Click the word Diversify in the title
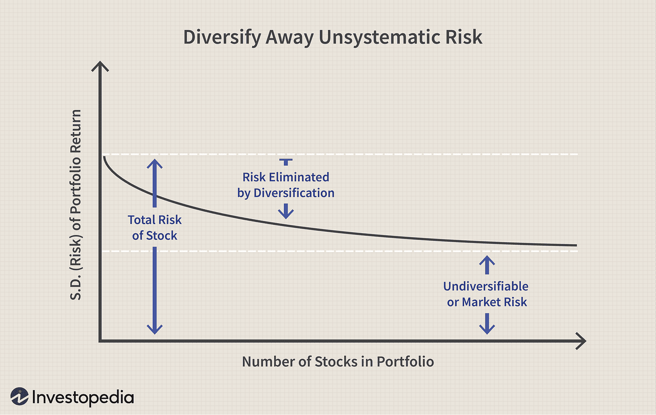[223, 37]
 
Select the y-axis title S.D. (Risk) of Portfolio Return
[76, 205]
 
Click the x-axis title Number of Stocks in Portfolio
[338, 361]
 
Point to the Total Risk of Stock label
[155, 227]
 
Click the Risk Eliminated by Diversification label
[286, 185]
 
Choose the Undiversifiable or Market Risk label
[487, 294]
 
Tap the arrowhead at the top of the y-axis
[100, 67]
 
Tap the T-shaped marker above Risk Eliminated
[286, 162]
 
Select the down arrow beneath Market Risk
[487, 324]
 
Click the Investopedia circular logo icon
[19, 397]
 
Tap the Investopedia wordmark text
[83, 397]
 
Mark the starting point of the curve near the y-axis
[104, 157]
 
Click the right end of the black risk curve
[576, 245]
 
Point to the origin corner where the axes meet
[100, 341]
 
